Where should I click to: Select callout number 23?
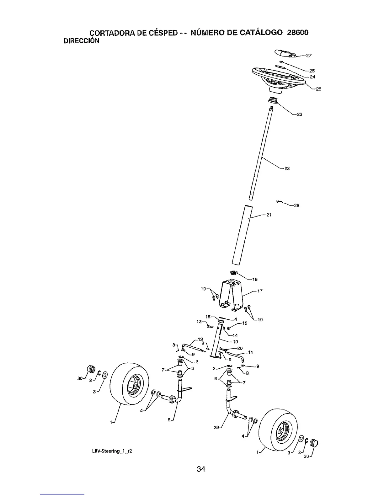(x=299, y=114)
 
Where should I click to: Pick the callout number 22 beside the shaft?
(x=287, y=168)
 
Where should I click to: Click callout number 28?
(x=296, y=206)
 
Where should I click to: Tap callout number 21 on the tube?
(x=268, y=215)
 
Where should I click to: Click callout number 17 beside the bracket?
(x=260, y=291)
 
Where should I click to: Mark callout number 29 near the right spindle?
(x=216, y=427)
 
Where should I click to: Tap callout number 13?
(x=199, y=321)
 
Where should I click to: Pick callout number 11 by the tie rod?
(x=250, y=352)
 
